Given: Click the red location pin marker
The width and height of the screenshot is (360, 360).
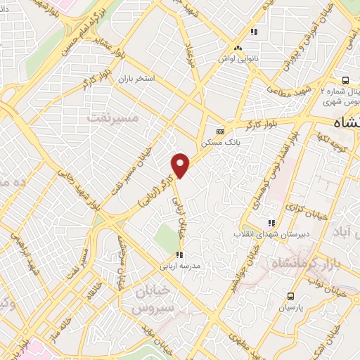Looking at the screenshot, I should pos(181,165).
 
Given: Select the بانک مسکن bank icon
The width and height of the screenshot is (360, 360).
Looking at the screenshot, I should pos(220,131).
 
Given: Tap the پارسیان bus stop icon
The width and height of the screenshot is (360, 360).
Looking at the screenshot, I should pos(291,296).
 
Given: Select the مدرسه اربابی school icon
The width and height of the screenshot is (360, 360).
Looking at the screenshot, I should pos(179,255).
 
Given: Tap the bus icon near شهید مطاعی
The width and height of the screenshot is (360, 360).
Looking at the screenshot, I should pos(345,80).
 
